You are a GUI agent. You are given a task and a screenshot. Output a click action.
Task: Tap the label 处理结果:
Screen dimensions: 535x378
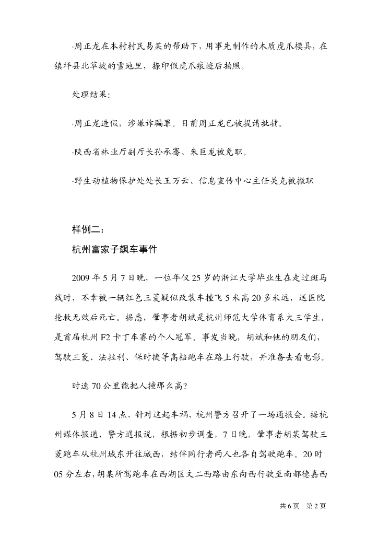click(91, 96)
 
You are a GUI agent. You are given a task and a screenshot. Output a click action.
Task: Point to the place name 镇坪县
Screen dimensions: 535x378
click(66, 67)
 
